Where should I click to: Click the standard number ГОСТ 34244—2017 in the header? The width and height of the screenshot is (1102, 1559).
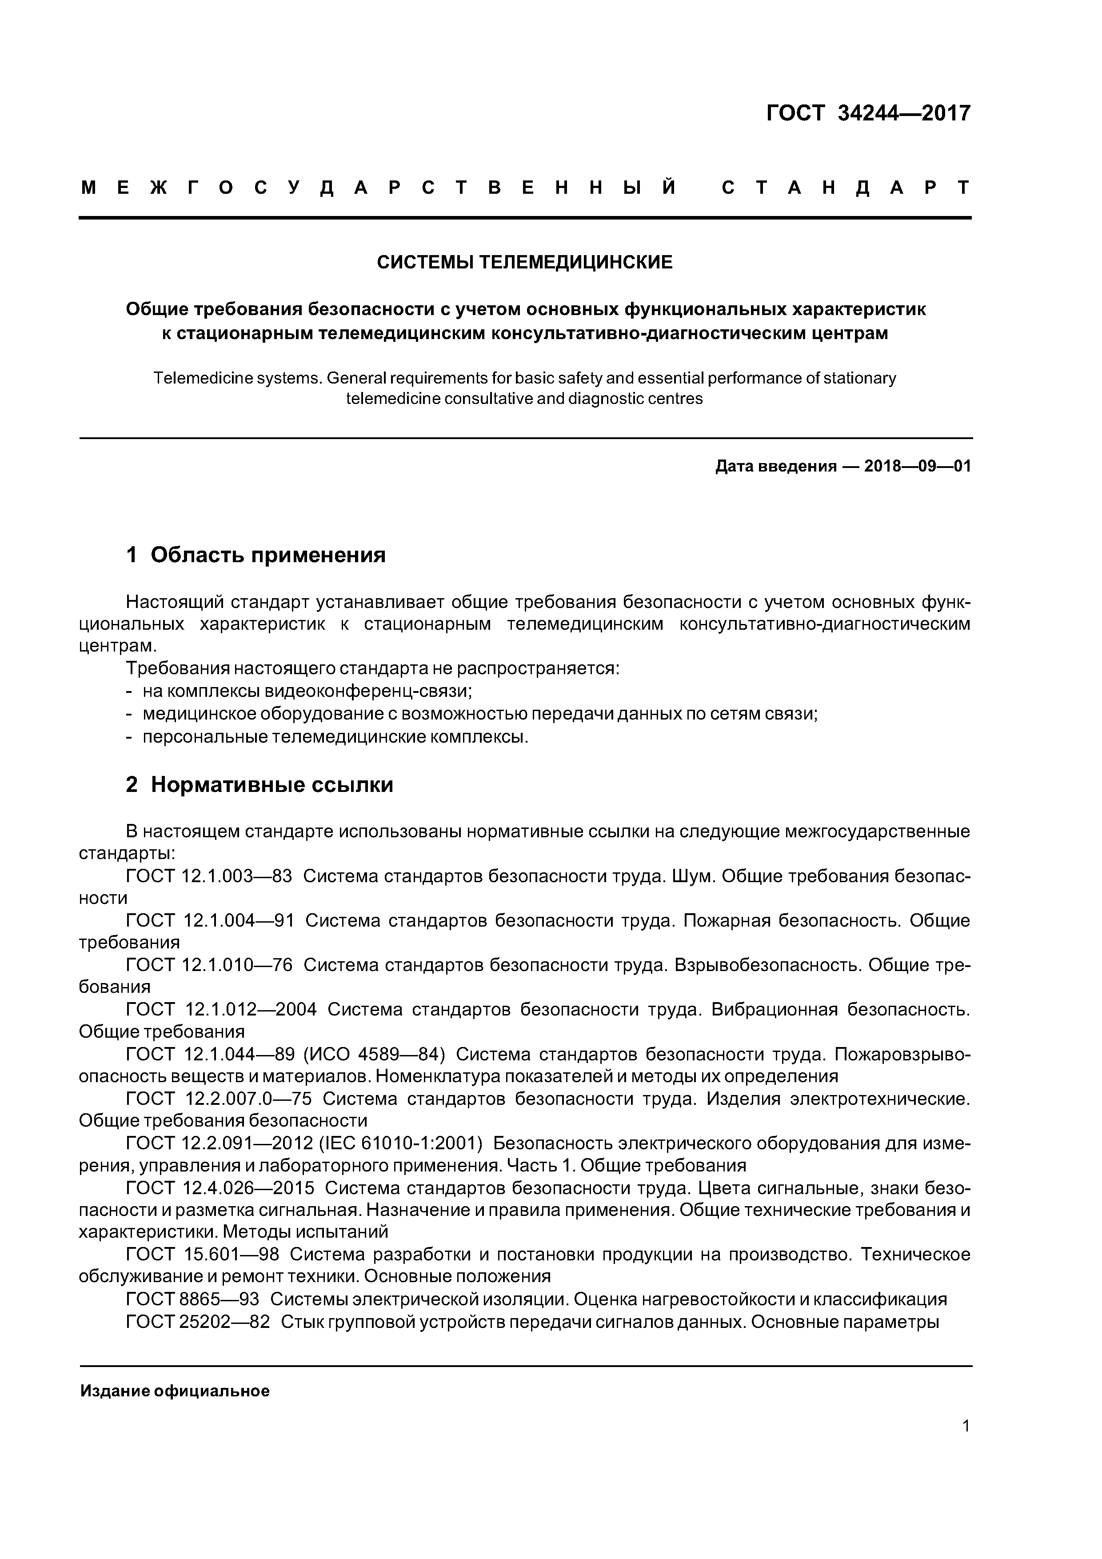[x=868, y=113]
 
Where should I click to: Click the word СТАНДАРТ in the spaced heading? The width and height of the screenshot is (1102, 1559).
[x=845, y=188]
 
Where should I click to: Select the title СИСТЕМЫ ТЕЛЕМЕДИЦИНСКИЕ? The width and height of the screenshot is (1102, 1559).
[x=525, y=262]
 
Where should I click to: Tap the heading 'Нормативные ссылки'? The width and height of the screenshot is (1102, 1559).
[x=272, y=785]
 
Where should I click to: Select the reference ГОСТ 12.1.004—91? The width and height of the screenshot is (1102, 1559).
[x=210, y=921]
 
